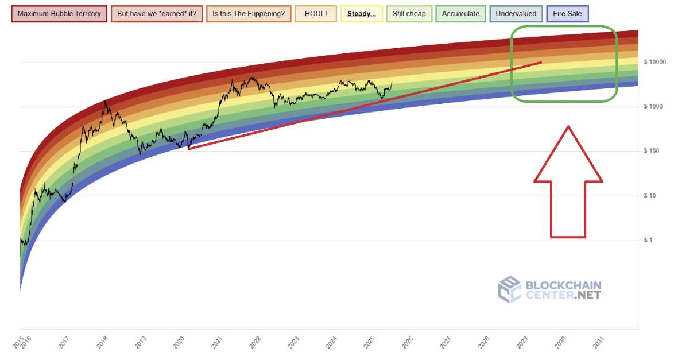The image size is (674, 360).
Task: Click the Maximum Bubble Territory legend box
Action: pos(59,14)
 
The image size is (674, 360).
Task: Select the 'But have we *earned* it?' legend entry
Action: pos(157,14)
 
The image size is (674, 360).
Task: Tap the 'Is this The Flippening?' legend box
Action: pos(249,14)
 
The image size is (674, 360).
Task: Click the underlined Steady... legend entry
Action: pos(362,14)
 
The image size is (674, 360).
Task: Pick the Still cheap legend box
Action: pos(409,14)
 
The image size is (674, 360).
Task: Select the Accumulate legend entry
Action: pos(460,14)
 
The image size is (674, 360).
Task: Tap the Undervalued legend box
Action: pos(516,14)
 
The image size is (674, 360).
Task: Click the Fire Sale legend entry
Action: pos(567,14)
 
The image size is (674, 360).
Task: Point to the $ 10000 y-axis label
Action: pos(654,62)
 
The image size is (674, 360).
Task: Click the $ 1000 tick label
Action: pos(653,107)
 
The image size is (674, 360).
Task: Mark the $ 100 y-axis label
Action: pos(652,151)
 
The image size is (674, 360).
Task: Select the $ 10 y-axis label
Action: pos(651,196)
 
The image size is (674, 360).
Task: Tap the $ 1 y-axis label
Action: pos(649,240)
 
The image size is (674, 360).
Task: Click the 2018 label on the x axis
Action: pos(102,343)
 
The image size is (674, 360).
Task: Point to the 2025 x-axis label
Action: pos(369,343)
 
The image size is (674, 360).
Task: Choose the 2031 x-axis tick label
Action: pos(599,343)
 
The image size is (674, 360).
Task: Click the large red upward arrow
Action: pos(568,184)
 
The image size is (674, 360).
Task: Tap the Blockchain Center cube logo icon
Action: pos(510,289)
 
